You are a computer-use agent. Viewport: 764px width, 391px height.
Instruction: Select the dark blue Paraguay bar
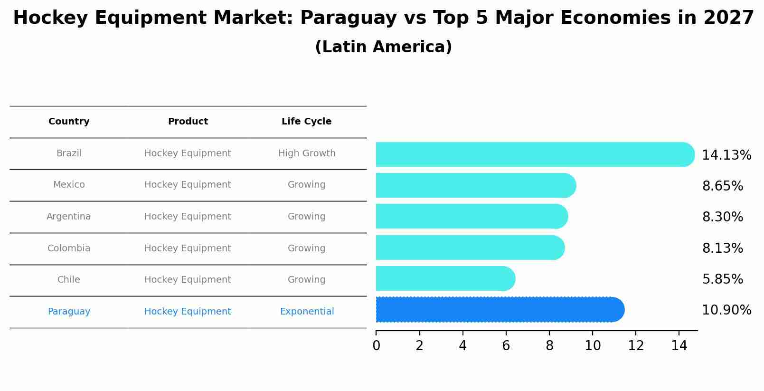[x=499, y=310]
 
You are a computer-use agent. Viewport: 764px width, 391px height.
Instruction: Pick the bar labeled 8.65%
[x=475, y=185]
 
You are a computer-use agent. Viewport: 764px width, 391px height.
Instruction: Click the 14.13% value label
[x=726, y=155]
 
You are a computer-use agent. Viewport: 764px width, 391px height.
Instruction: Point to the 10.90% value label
[x=726, y=310]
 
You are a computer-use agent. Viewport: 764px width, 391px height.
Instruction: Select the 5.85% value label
[x=722, y=279]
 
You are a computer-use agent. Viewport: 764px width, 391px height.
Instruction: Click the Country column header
[x=69, y=122]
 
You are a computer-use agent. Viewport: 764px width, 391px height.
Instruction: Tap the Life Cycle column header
[x=306, y=122]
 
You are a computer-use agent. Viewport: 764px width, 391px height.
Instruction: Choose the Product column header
[x=188, y=122]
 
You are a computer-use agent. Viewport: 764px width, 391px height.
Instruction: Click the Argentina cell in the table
[x=69, y=217]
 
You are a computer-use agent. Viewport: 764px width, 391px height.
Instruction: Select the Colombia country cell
[x=69, y=248]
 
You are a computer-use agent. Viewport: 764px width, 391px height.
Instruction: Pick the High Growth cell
[x=306, y=153]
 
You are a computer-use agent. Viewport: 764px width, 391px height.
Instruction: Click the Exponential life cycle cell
[x=307, y=312]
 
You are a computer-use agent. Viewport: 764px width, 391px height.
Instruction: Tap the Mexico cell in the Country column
[x=69, y=185]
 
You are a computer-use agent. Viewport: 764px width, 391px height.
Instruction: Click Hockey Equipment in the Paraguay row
[x=188, y=312]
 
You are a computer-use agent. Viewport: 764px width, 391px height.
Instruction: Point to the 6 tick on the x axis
[x=506, y=345]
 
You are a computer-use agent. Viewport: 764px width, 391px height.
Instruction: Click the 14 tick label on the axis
[x=679, y=345]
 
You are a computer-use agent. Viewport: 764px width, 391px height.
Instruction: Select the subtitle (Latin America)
[x=383, y=47]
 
